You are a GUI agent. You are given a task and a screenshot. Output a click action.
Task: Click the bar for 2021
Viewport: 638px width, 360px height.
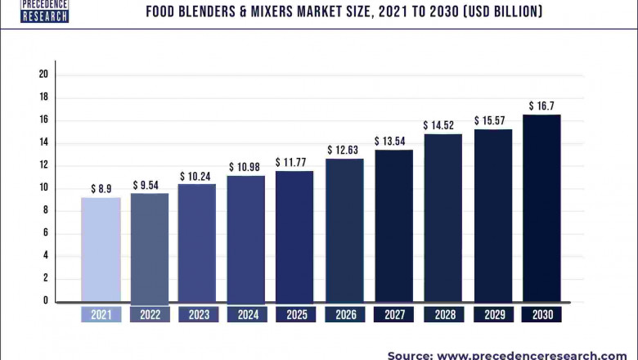click(101, 250)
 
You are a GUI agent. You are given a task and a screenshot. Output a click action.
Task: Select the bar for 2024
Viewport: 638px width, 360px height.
click(246, 239)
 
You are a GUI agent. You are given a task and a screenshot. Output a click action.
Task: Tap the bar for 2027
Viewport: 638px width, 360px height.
click(393, 226)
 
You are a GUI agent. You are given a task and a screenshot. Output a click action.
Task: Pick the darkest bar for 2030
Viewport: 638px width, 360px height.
click(541, 208)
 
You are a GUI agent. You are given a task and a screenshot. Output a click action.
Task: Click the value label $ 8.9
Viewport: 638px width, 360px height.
click(101, 189)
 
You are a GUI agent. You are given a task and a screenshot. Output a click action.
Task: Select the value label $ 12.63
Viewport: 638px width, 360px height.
click(344, 150)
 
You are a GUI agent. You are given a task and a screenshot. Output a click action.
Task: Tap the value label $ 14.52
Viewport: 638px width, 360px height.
click(442, 125)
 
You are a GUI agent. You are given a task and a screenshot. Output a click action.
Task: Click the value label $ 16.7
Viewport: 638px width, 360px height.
click(541, 106)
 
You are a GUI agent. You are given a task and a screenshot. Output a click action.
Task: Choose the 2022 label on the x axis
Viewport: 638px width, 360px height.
click(149, 315)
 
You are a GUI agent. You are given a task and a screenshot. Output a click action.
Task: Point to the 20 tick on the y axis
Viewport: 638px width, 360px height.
click(43, 74)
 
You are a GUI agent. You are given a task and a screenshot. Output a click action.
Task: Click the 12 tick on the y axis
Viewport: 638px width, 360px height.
click(43, 165)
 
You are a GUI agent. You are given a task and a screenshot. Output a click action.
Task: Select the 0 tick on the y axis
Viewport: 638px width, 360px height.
click(47, 301)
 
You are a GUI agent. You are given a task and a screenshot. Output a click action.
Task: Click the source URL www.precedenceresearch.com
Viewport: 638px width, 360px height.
click(532, 354)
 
